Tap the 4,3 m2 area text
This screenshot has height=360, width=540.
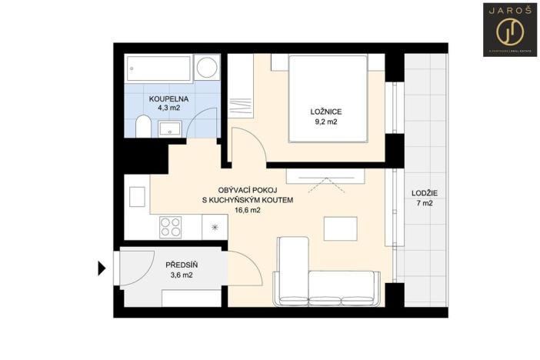pos(168,109)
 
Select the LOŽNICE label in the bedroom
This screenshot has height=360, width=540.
pos(326,112)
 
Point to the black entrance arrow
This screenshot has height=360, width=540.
pos(101,268)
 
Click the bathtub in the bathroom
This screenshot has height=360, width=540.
pos(158,69)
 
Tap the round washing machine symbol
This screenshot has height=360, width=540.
pos(206,68)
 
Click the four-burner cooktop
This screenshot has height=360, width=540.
pos(170,227)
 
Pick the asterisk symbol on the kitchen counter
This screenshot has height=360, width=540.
pos(215,227)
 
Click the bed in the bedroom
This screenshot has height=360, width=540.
pos(326,98)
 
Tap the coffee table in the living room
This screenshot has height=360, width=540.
pos(341,228)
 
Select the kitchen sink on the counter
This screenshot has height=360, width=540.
pos(137,198)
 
